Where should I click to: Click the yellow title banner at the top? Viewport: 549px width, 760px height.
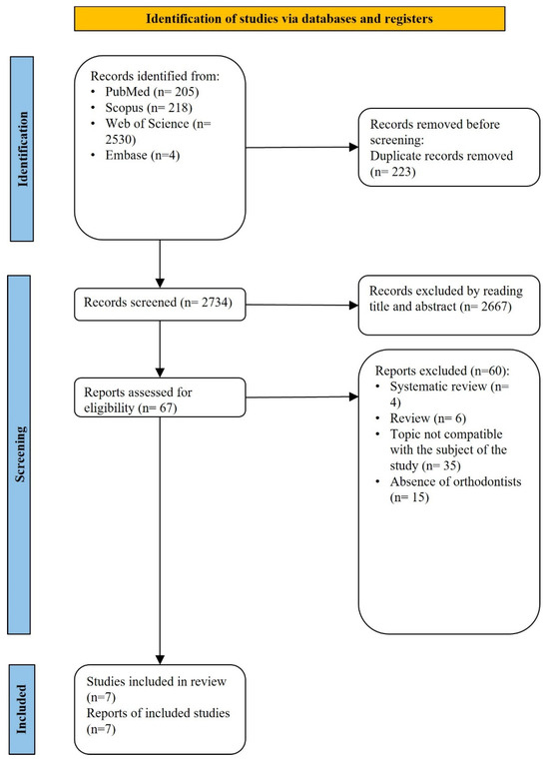coord(289,19)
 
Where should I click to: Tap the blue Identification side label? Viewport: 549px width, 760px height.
coord(22,149)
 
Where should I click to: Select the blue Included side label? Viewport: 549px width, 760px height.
coord(22,709)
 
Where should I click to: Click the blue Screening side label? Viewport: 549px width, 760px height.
coord(19,454)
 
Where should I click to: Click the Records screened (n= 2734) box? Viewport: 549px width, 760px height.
coord(160,305)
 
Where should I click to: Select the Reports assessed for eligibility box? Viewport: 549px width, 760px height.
coord(160,397)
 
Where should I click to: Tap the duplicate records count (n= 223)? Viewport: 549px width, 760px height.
coord(393,172)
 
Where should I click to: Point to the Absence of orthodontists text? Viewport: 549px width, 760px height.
coord(455,481)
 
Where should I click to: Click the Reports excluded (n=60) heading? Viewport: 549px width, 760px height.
coord(442,371)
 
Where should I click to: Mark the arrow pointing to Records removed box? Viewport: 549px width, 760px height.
coord(301,147)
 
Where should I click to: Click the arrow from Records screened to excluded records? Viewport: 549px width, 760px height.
coord(301,305)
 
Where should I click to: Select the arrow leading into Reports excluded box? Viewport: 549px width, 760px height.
coord(301,396)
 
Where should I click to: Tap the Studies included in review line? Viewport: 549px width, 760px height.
coord(157,681)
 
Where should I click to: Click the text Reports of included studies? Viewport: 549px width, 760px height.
coord(158,713)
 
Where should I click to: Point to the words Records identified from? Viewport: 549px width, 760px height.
coord(155,76)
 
